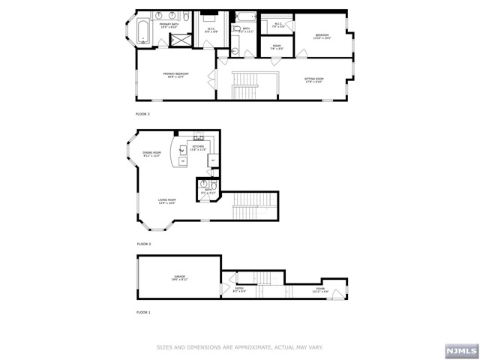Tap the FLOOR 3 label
pos(142,114)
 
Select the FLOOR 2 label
pos(143,244)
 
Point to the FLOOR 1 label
pos(142,311)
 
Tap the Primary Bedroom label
pos(176,74)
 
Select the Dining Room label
pos(153,154)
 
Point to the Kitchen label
pos(198,148)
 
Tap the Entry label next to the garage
pos(240,289)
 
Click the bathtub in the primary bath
pos(143,31)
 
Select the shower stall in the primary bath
pos(179,39)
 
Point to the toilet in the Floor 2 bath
pos(214,186)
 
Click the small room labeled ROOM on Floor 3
pos(277,48)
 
